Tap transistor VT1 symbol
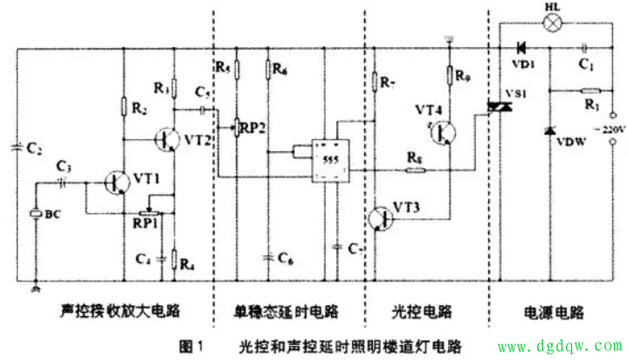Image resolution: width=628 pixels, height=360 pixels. point(117,182)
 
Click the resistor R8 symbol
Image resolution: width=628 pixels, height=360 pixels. point(416,170)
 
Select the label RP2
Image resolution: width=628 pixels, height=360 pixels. point(254,128)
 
